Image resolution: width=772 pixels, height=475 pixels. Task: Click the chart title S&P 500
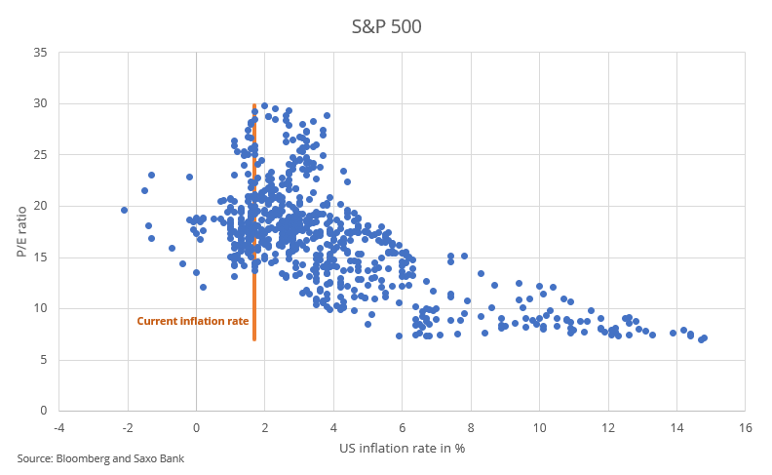coord(386,27)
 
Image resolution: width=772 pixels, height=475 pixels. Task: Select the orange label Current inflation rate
coord(193,321)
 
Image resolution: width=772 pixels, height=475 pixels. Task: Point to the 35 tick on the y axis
coord(40,52)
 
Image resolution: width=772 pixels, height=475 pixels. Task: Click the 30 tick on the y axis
coord(40,103)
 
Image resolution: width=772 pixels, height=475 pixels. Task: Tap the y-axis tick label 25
coord(40,154)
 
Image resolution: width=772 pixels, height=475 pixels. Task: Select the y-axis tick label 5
coord(43,360)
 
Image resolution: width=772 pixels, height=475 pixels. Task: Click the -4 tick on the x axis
coord(59,427)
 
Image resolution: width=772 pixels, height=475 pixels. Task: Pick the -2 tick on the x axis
coord(128,427)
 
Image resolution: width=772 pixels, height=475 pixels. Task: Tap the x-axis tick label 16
coord(746,427)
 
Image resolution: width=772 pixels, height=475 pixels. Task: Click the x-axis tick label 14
coord(676,427)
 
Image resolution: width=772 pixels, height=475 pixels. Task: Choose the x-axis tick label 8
coord(471,427)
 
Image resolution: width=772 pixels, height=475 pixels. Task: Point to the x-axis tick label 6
coord(403,427)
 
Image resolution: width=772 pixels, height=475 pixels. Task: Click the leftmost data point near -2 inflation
coord(125,210)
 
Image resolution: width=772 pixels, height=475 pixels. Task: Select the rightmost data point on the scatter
coord(704,337)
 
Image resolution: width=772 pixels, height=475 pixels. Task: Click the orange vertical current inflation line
coord(254,293)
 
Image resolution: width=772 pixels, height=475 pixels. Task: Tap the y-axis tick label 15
coord(40,257)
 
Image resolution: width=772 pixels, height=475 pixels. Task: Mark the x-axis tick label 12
coord(608,427)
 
